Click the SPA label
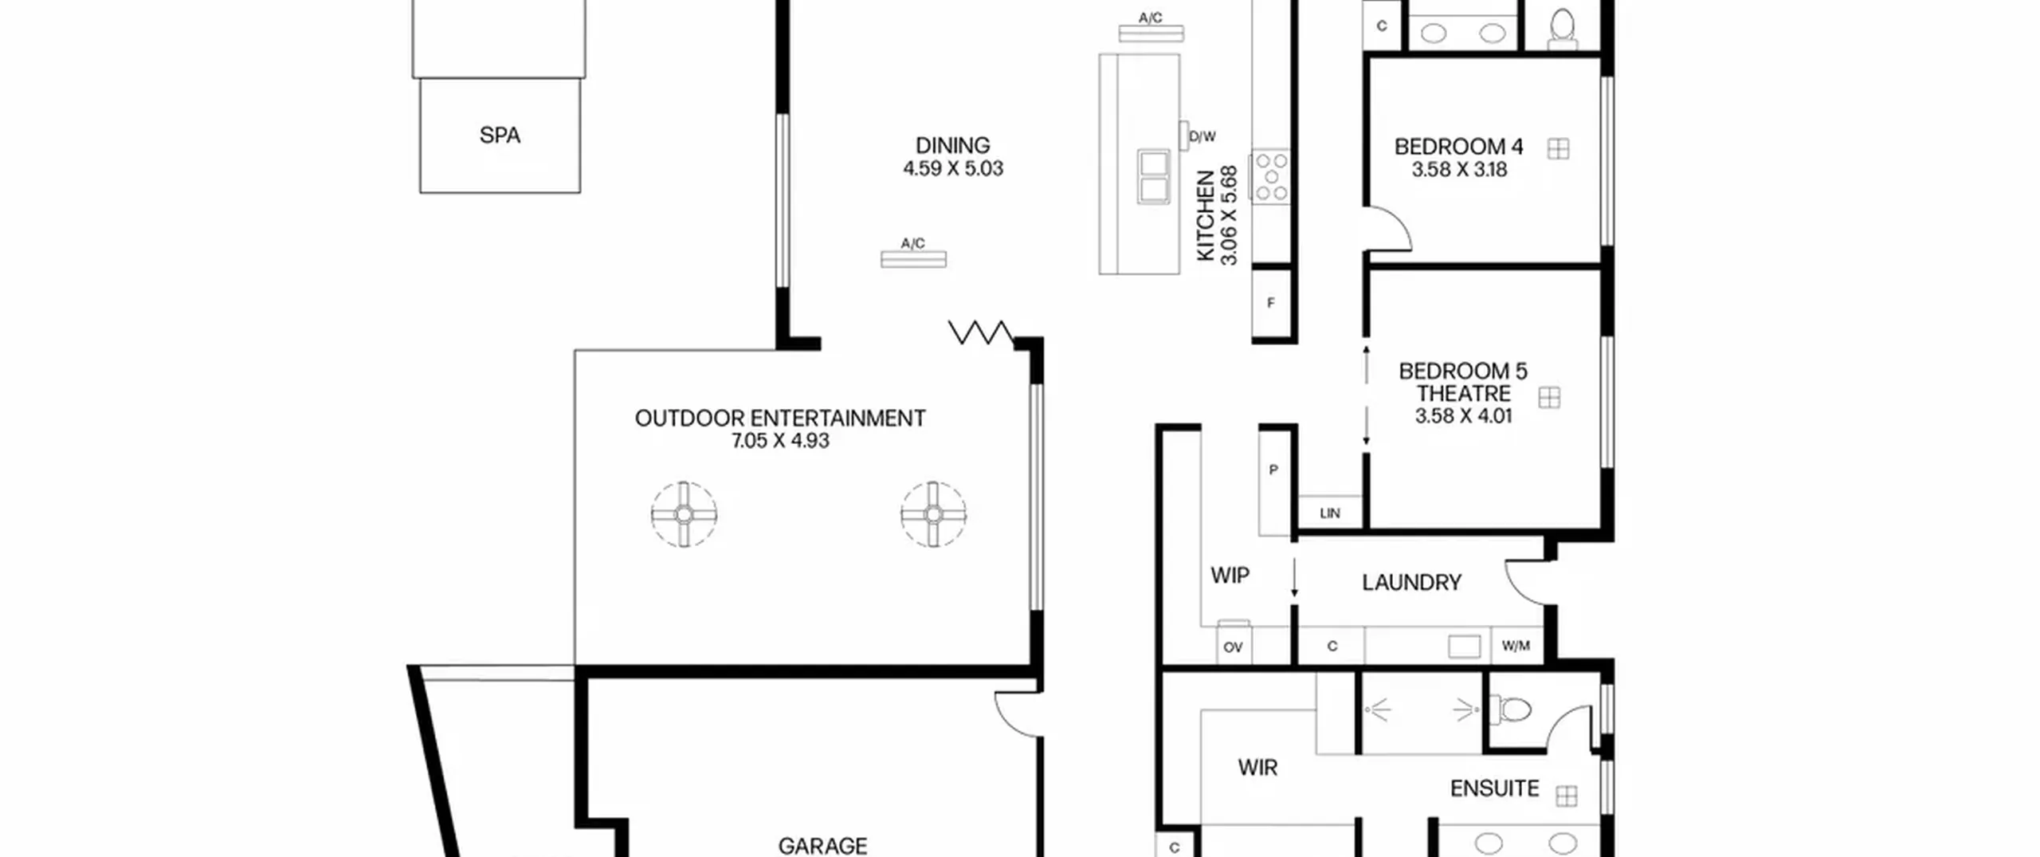point(500,136)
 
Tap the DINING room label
point(952,146)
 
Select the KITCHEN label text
point(1206,215)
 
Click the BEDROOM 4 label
point(1458,147)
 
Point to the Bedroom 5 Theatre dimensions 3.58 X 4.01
point(1463,416)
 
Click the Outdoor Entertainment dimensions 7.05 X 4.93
point(780,441)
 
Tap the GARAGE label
point(822,846)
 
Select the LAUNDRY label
point(1411,583)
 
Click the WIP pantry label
point(1230,576)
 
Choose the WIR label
point(1257,768)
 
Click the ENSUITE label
point(1494,789)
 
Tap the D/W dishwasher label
point(1202,137)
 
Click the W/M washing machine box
point(1516,646)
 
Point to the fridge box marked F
point(1271,303)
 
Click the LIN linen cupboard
point(1330,513)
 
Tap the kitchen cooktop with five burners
point(1270,175)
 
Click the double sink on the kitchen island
point(1154,177)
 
